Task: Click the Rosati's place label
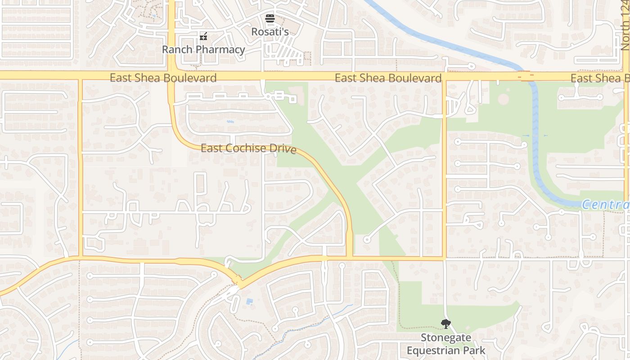[270, 31]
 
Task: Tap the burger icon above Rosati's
[270, 18]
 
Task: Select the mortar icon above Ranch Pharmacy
[203, 36]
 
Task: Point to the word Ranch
[177, 49]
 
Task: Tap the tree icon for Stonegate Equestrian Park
[445, 324]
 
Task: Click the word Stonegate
[446, 337]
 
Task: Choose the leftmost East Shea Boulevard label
[163, 78]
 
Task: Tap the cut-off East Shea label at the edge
[600, 78]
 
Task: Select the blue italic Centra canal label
[606, 205]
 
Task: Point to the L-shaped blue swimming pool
[249, 301]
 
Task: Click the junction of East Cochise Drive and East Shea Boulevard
[171, 76]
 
